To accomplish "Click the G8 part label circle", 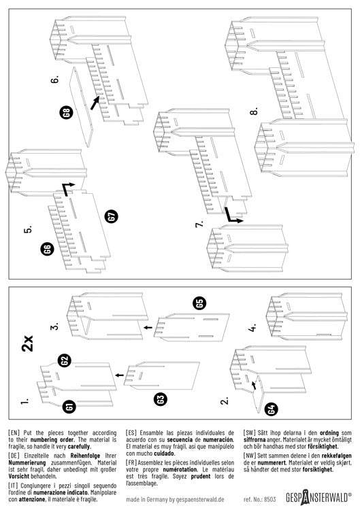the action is point(67,112).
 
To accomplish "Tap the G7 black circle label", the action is point(112,216).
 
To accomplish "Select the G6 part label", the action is point(48,250).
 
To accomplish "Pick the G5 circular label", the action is point(200,303).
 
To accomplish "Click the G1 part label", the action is point(69,407).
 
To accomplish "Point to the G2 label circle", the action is point(65,360).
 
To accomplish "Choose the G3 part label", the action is point(161,399).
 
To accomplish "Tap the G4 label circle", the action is point(272,409).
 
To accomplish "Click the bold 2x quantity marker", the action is point(28,343).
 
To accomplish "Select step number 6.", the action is point(54,80).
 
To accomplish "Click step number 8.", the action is point(255,111).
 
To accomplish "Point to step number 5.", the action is point(28,229).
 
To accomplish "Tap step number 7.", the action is point(199,224).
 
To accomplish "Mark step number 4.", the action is point(252,328).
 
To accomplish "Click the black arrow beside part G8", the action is point(95,103).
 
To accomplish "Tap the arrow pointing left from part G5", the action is point(148,327).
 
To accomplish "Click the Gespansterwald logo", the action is point(318,497).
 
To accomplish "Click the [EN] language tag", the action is point(14,433).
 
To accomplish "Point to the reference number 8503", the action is point(260,499).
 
